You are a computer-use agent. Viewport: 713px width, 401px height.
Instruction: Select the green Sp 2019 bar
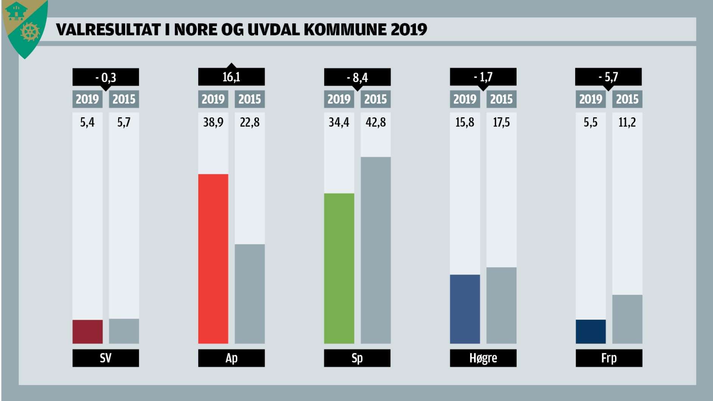(x=339, y=268)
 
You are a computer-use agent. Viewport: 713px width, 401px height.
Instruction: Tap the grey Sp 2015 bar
(x=375, y=250)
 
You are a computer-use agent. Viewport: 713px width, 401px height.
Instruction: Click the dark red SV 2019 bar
(x=87, y=332)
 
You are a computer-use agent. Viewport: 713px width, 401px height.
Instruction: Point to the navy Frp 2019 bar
(x=590, y=332)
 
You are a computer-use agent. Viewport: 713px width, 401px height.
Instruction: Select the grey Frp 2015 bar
(x=627, y=319)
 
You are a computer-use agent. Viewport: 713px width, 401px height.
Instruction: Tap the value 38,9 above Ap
(x=213, y=122)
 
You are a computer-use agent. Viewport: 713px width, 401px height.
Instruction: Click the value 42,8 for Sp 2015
(x=375, y=122)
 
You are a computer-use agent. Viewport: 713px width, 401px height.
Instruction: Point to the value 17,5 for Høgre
(x=501, y=122)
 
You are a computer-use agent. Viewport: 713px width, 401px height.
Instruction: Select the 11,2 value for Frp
(x=627, y=122)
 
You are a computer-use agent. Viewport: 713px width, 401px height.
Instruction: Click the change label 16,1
(x=231, y=77)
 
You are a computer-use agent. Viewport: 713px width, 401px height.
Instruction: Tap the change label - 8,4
(x=357, y=78)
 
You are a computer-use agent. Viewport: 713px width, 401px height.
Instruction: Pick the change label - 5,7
(x=608, y=77)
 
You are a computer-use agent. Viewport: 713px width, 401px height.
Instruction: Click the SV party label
(x=106, y=358)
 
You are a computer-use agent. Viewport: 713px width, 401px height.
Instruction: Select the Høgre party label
(x=483, y=358)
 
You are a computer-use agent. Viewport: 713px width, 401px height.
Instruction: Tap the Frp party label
(x=609, y=358)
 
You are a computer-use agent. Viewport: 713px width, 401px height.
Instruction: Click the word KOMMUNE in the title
(x=346, y=30)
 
